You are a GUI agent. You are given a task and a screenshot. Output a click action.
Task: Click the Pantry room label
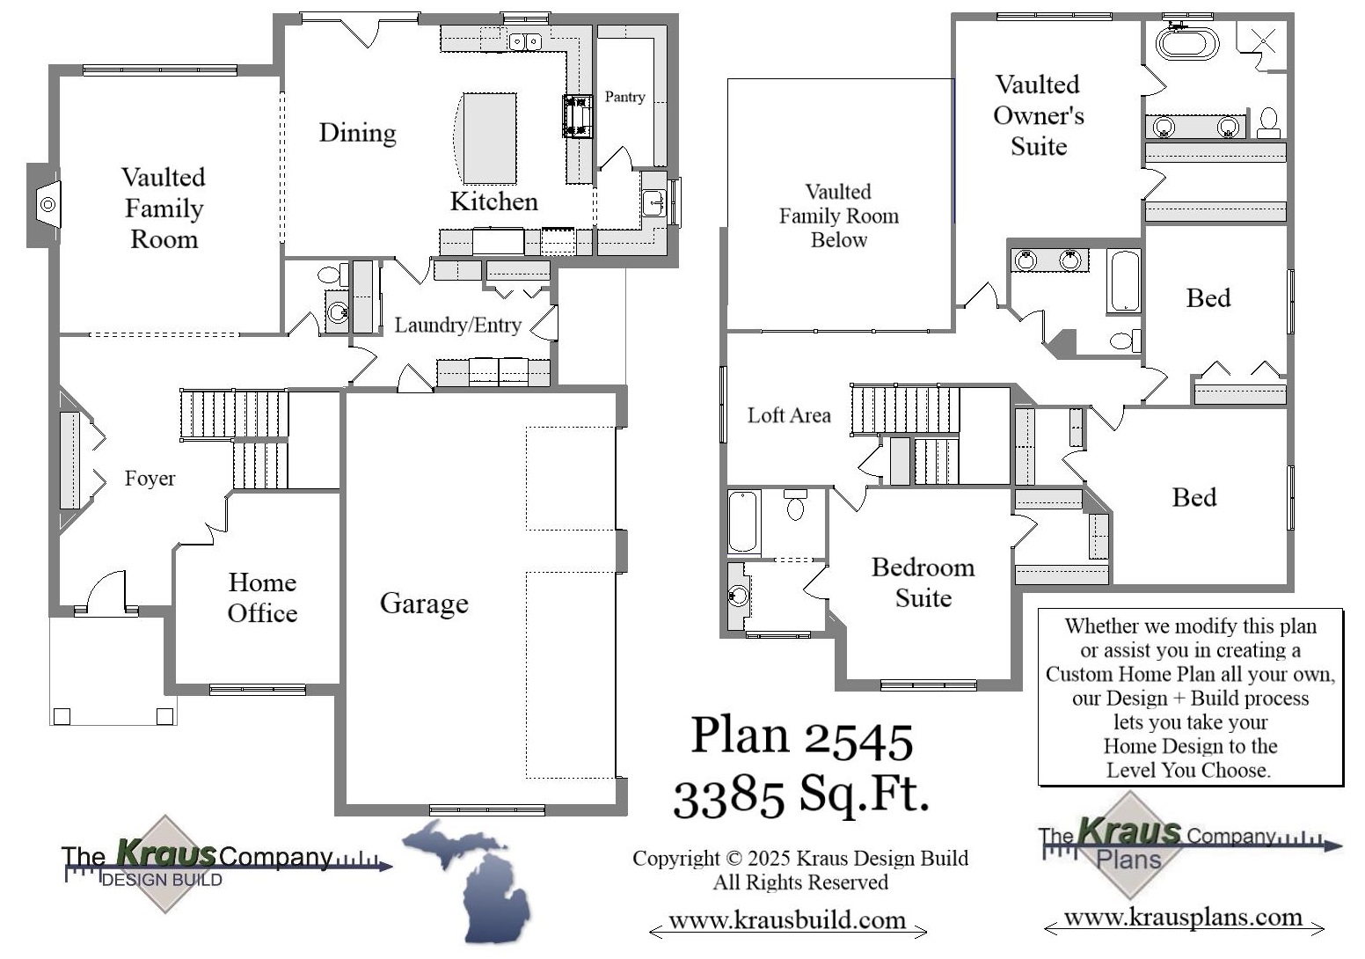click(624, 97)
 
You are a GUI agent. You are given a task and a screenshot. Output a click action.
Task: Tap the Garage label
click(424, 604)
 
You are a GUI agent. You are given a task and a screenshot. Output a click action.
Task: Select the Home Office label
click(262, 597)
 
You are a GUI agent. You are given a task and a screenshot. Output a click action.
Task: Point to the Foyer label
click(150, 479)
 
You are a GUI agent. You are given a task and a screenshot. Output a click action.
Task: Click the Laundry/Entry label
click(457, 326)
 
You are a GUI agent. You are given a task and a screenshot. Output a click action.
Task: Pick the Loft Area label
click(789, 415)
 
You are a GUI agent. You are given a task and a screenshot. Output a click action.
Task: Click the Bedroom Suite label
click(923, 582)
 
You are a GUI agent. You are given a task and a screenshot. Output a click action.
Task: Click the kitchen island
click(489, 137)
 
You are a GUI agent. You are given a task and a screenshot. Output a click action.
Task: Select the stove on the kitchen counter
click(578, 116)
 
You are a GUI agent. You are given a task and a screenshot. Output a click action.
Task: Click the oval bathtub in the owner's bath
click(1186, 43)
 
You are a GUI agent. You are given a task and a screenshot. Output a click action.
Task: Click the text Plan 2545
click(801, 737)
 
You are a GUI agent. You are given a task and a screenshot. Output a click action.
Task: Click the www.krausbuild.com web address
click(787, 921)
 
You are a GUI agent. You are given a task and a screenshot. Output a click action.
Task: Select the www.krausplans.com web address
click(1183, 918)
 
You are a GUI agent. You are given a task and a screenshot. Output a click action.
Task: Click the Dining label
click(357, 133)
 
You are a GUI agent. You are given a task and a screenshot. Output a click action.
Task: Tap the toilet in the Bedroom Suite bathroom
click(795, 505)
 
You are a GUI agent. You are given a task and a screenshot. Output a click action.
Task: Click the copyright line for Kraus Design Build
click(800, 858)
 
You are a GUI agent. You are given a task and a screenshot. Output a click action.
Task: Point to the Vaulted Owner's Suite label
click(1038, 115)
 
